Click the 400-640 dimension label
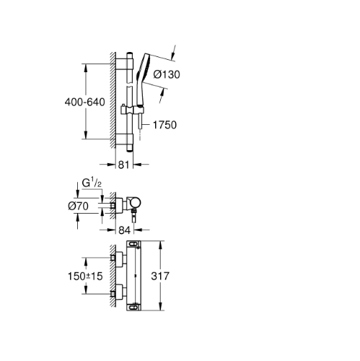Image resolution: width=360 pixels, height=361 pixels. (84, 102)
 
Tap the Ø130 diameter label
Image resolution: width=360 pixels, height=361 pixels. (167, 74)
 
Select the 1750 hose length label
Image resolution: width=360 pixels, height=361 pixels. (164, 125)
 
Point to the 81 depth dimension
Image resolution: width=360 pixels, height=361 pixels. (124, 165)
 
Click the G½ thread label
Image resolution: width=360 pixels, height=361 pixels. (92, 183)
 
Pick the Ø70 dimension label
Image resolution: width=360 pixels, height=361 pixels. (78, 206)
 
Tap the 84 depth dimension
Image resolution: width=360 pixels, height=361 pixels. (124, 230)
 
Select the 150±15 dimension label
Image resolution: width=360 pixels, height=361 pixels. (85, 276)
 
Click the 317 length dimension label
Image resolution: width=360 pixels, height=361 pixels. (160, 276)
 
